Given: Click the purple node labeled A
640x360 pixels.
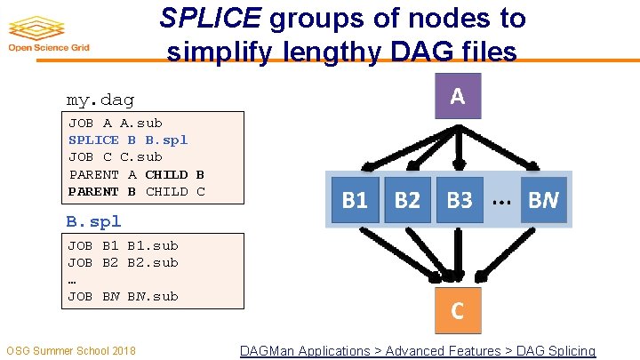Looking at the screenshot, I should [x=457, y=96].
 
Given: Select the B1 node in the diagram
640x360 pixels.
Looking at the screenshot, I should [x=355, y=200].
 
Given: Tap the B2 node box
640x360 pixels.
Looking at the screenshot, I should [x=406, y=200].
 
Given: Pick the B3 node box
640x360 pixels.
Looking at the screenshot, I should [x=459, y=200].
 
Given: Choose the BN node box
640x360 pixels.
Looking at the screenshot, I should [x=543, y=200].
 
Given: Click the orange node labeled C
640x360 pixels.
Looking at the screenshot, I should [x=457, y=310].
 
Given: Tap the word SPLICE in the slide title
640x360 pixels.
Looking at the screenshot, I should [x=210, y=17].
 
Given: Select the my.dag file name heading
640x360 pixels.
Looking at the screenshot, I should [x=100, y=100].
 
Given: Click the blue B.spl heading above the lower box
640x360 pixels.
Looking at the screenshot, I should [x=93, y=221].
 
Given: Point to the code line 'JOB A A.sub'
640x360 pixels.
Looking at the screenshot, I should [x=116, y=123].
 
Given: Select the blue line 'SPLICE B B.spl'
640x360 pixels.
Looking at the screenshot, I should [x=128, y=140].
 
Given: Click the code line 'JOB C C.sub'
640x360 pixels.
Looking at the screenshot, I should [x=116, y=156].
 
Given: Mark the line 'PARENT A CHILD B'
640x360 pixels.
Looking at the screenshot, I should [x=136, y=174].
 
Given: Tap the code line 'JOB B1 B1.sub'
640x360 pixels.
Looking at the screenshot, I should [x=123, y=245].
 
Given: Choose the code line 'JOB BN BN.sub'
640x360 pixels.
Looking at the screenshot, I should [x=123, y=296].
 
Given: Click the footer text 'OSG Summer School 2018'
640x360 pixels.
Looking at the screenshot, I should [x=71, y=351].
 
